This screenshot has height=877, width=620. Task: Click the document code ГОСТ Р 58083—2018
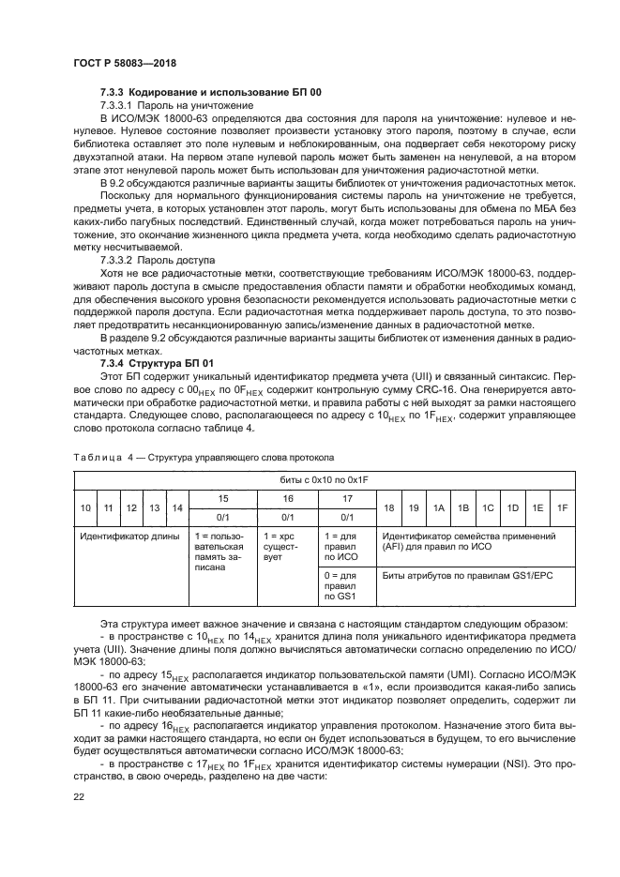125,63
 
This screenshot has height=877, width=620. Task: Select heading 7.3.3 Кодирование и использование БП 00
211,93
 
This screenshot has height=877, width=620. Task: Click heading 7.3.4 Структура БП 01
158,362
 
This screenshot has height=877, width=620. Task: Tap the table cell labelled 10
85,507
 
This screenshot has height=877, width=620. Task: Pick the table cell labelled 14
175,507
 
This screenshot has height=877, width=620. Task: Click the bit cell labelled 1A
438,507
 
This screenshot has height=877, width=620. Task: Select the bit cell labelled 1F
562,507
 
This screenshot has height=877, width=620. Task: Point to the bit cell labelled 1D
513,507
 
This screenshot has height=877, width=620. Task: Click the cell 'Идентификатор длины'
131,536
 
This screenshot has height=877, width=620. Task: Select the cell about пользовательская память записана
223,553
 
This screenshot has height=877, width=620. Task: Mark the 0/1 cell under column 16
288,516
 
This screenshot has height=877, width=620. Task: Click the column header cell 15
223,498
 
